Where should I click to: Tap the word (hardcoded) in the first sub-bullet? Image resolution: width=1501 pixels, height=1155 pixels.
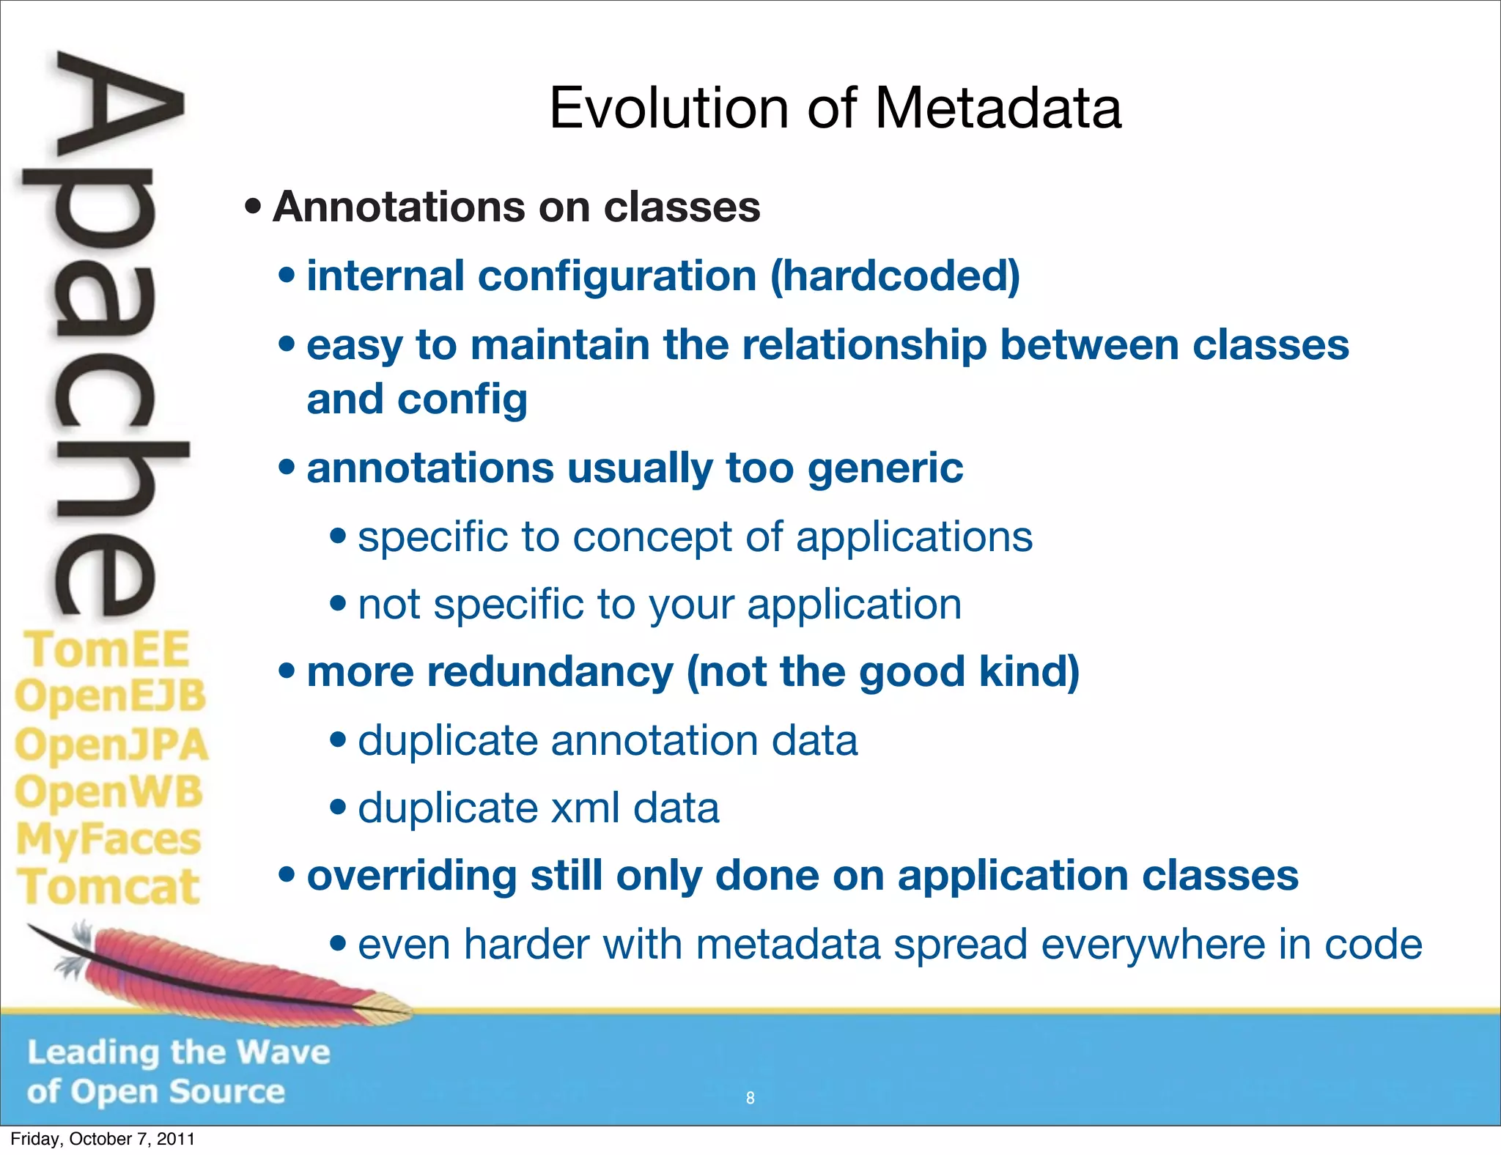point(895,276)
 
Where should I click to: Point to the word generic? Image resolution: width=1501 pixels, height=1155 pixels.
point(885,468)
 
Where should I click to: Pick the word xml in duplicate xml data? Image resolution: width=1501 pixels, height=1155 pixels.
point(584,808)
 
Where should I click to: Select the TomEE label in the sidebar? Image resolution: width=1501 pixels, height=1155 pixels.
point(107,649)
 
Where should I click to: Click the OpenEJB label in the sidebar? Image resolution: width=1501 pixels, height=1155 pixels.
point(110,696)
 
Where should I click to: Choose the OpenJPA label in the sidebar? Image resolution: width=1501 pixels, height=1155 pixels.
point(111,745)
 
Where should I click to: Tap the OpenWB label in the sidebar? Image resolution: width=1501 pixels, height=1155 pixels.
point(108,792)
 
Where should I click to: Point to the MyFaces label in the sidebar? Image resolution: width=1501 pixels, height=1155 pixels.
point(108,840)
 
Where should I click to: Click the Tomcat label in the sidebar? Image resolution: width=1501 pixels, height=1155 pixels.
point(108,887)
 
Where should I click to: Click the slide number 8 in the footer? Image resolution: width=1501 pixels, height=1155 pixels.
point(750,1098)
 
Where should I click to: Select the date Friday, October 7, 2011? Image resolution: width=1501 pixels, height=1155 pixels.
point(103,1139)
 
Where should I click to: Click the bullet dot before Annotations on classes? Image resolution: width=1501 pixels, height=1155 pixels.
point(253,207)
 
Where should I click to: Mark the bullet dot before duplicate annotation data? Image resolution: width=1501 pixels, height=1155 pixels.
point(338,739)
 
